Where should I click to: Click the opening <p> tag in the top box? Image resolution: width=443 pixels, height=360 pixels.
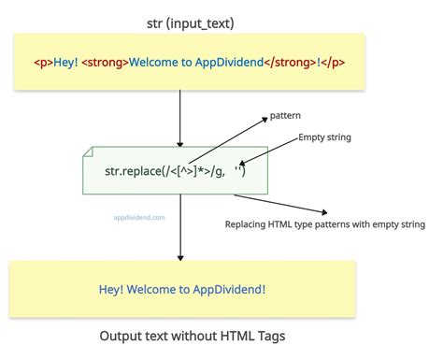click(x=43, y=64)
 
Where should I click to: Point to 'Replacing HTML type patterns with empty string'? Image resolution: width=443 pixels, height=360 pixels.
click(x=324, y=224)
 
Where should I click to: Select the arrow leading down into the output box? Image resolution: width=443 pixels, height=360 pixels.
click(x=179, y=229)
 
